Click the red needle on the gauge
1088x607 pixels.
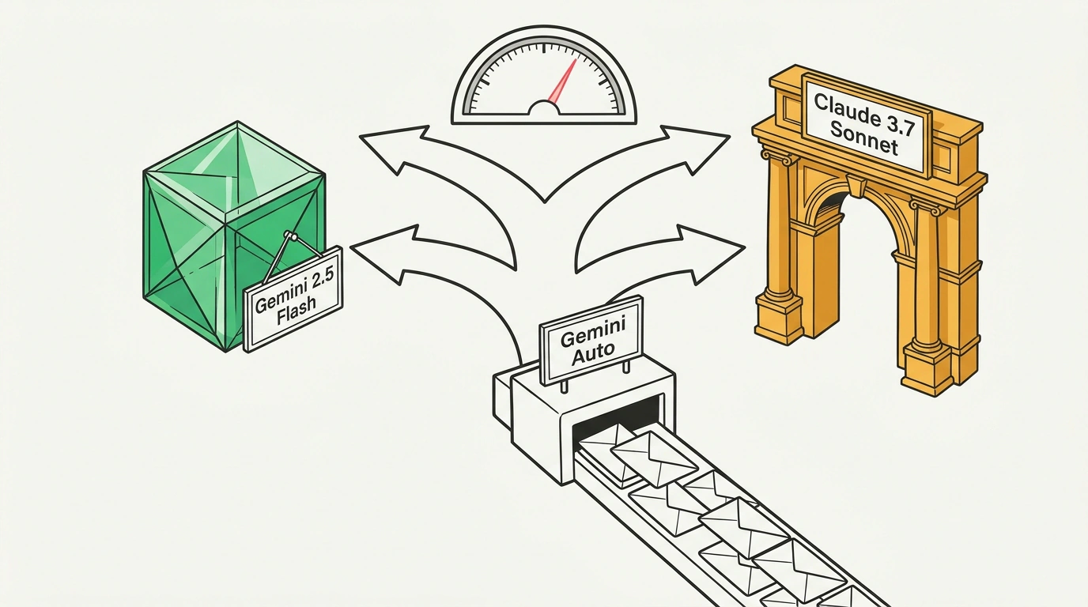click(562, 81)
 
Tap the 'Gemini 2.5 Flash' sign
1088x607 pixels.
click(293, 299)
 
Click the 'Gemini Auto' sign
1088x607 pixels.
click(591, 340)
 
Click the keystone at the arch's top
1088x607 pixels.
click(856, 186)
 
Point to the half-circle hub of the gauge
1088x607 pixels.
click(544, 107)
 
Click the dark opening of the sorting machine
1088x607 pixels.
click(618, 420)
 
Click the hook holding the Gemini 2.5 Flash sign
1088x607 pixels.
click(292, 236)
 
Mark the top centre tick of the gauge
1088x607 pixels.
click(544, 48)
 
